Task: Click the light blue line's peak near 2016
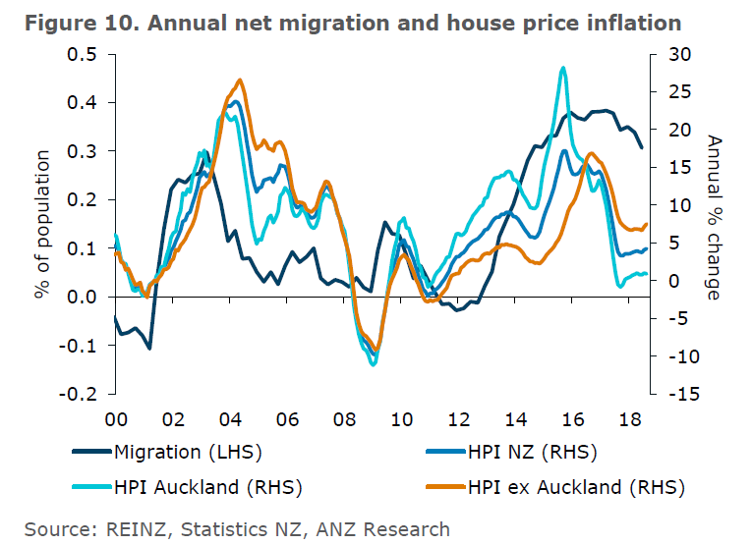pyautogui.click(x=562, y=68)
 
